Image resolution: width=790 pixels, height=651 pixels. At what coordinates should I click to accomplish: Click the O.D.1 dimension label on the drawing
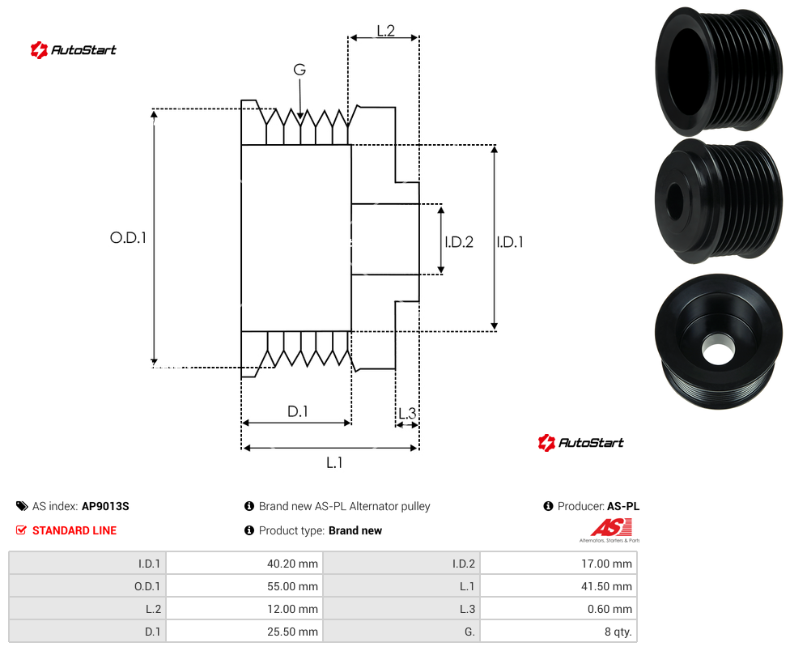tap(128, 237)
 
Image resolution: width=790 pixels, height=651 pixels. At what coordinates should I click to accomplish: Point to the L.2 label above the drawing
tap(385, 31)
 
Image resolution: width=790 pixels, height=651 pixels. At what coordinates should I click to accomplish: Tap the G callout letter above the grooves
tap(299, 70)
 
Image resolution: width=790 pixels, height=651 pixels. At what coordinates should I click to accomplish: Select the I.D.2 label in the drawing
tap(459, 242)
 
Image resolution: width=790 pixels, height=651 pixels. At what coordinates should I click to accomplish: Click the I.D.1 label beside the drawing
tap(510, 242)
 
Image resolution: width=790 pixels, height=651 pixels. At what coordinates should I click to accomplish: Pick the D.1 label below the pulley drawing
tap(297, 411)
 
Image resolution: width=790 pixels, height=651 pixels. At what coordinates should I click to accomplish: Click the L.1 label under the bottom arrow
tap(334, 462)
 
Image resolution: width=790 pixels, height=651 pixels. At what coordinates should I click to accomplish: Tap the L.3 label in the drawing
tap(407, 414)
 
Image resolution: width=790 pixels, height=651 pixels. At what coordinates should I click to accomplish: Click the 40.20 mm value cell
tap(244, 564)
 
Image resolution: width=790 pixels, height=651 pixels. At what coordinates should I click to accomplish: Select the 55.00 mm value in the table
tap(292, 586)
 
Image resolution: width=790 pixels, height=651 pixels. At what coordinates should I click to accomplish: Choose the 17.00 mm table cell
tap(559, 564)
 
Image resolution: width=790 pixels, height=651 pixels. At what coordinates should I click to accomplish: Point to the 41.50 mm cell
tap(559, 586)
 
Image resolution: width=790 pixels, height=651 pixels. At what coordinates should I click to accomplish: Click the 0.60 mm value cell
tap(559, 609)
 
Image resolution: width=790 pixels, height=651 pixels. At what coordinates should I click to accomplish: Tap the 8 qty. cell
tap(559, 632)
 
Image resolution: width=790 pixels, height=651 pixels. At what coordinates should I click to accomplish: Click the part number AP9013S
tap(105, 506)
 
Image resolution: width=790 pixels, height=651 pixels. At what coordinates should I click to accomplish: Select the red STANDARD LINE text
tap(74, 530)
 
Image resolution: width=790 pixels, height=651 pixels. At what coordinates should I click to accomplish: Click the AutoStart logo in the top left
tap(73, 50)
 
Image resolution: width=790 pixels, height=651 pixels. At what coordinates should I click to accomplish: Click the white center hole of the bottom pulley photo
tap(717, 349)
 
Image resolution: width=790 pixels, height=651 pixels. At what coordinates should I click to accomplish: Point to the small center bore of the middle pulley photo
tap(674, 201)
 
